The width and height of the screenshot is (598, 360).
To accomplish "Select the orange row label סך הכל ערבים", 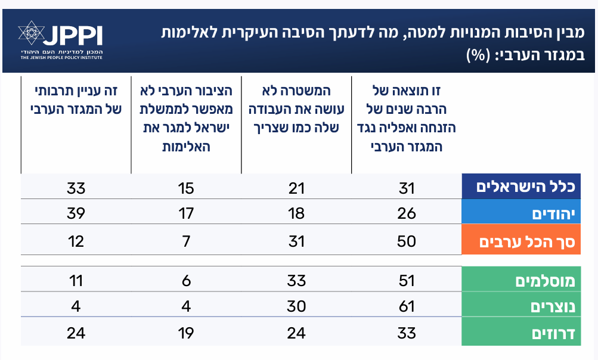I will coord(521,241).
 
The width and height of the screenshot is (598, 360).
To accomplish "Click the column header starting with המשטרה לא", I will coord(296,110).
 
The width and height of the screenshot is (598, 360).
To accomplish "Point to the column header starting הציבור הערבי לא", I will coord(185,119).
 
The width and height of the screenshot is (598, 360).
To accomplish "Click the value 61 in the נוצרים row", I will coord(407,306).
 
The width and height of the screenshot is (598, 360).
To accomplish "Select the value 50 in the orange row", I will coord(407,241).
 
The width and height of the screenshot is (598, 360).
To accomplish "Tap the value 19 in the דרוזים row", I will coord(185,333).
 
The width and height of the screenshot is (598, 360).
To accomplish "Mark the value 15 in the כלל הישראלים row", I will coord(185,188).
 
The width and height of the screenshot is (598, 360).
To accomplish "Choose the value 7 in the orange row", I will coord(185,241).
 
